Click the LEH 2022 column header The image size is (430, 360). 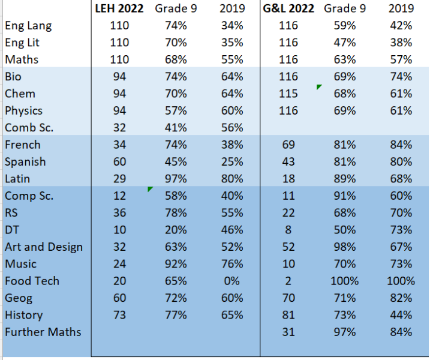click(120, 8)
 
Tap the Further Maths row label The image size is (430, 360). click(43, 332)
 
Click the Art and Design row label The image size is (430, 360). click(44, 247)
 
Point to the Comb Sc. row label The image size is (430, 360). click(29, 128)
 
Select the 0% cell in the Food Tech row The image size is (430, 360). click(231, 281)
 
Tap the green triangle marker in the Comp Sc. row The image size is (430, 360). click(151, 190)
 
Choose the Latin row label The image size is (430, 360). click(17, 179)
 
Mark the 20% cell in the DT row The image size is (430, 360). click(175, 230)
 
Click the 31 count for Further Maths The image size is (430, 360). click(288, 332)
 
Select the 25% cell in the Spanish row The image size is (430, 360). click(231, 162)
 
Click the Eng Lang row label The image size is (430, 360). click(28, 26)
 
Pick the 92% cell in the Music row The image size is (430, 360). click(175, 264)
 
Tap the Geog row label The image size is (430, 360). click(19, 298)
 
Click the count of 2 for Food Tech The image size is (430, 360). click(288, 281)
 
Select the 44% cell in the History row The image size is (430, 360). click(400, 315)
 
